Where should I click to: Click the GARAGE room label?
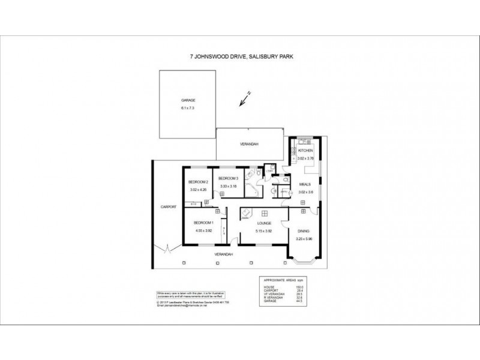(188, 100)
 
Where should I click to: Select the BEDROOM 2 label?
(197, 182)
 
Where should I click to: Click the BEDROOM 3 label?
(228, 178)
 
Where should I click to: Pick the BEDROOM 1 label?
(203, 222)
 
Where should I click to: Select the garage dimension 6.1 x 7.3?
(188, 108)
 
